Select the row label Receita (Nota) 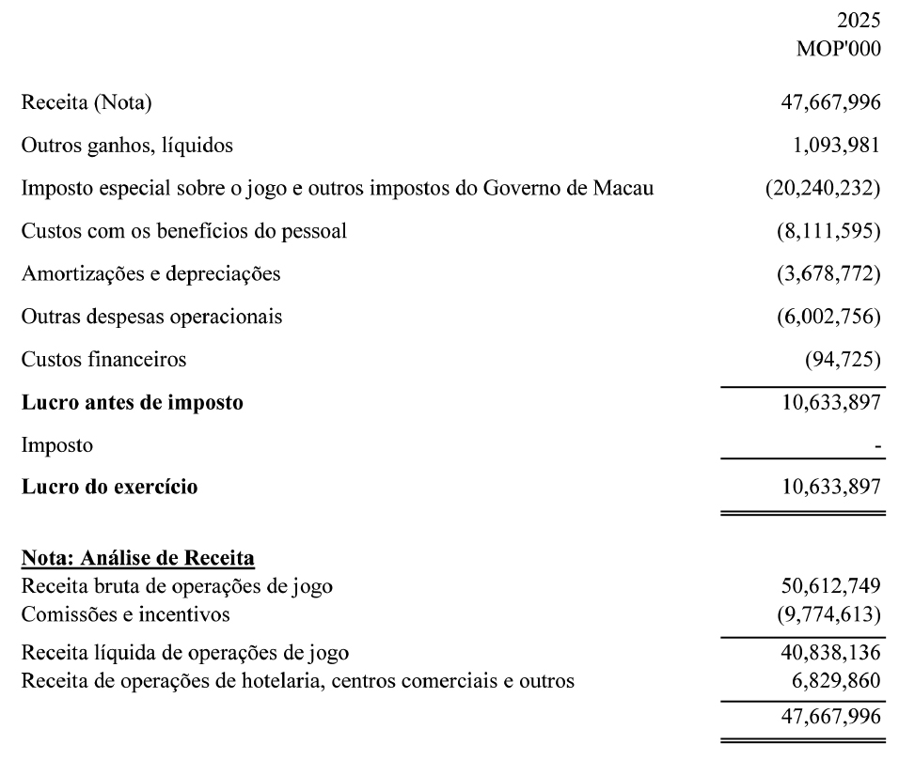click(86, 102)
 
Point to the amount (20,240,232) click(823, 188)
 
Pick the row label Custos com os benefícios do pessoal click(183, 231)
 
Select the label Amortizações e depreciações click(150, 273)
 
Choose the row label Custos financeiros click(103, 359)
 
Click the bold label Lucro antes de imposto click(132, 403)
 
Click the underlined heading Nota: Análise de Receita click(137, 559)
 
